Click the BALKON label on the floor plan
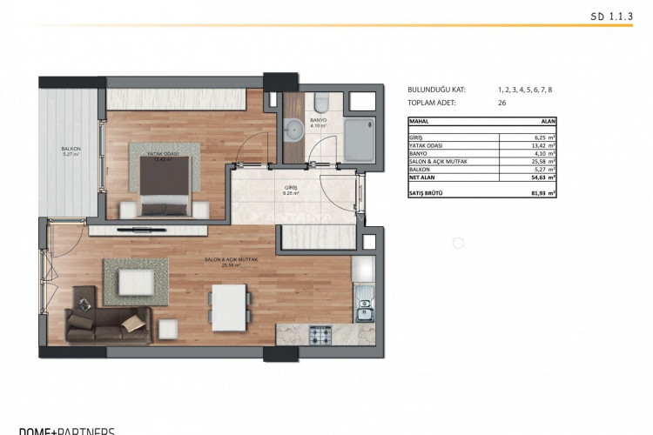coord(71,150)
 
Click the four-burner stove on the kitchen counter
coord(320,332)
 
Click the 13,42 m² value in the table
coord(542,145)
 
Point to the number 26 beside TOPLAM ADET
coord(502,102)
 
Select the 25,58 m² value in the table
coord(542,161)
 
